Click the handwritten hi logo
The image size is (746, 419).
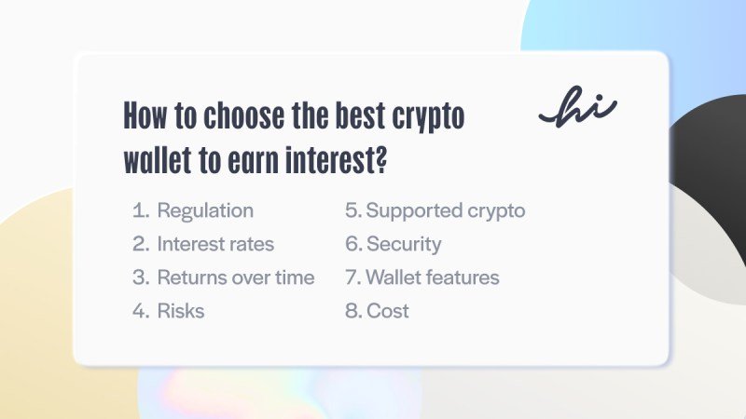[x=577, y=108]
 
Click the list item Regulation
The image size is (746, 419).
[x=204, y=210]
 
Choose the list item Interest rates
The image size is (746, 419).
[x=215, y=244]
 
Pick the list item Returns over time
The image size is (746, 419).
[x=235, y=277]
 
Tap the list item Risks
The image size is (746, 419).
[x=180, y=311]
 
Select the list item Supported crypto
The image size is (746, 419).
[x=445, y=210]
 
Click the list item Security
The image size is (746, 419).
[x=403, y=244]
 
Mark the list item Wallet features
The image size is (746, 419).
[x=432, y=277]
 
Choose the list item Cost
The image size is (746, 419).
[x=387, y=311]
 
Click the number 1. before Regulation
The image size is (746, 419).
[x=141, y=210]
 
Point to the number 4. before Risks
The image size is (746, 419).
[x=141, y=311]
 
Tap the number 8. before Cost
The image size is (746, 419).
[x=353, y=311]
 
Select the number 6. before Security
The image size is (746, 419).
[x=353, y=244]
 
